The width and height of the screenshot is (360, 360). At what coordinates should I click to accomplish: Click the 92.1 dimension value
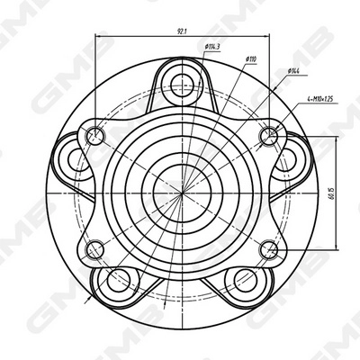tap(181, 32)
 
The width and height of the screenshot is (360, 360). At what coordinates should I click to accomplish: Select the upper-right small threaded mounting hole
tap(267, 136)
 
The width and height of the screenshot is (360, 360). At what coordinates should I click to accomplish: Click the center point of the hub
tap(180, 191)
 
